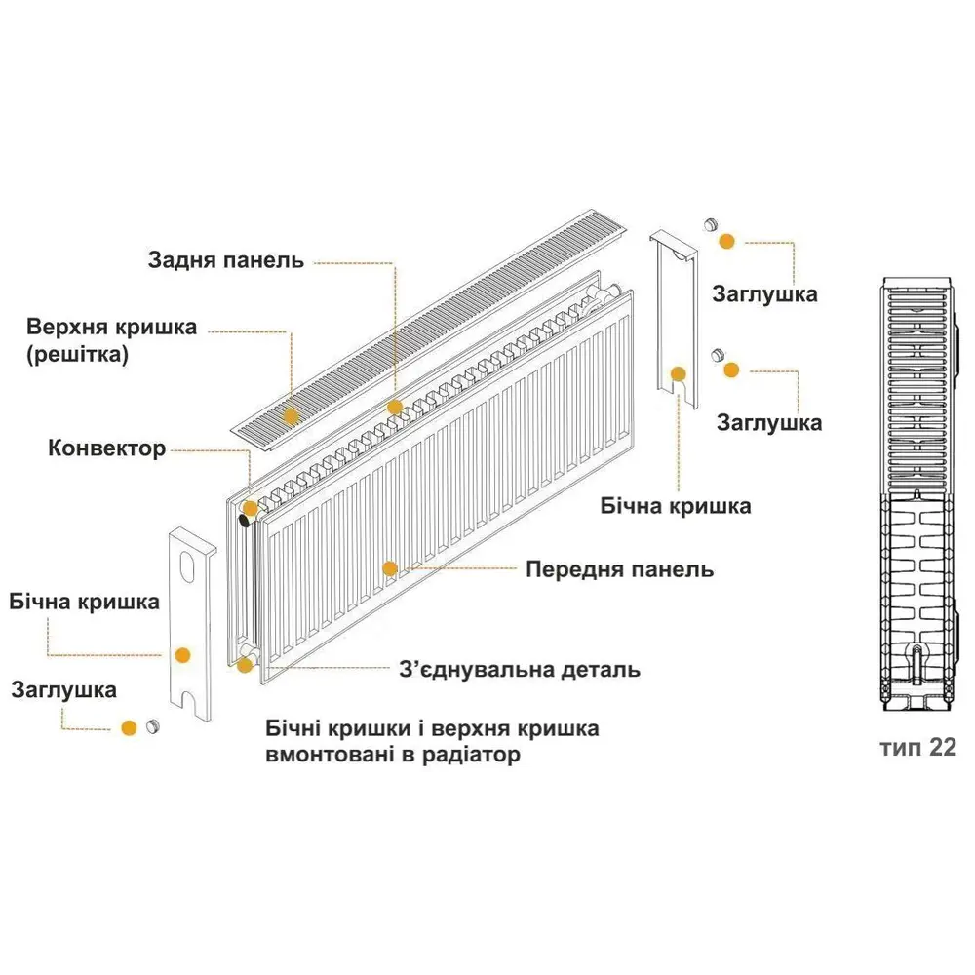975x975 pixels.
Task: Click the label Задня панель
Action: [x=226, y=260]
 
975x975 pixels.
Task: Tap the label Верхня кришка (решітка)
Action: [x=112, y=340]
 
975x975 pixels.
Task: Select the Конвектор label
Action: [x=107, y=448]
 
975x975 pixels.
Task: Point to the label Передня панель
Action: [x=619, y=569]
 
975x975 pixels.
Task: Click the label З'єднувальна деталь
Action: [x=520, y=670]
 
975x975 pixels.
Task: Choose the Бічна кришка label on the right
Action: [x=676, y=506]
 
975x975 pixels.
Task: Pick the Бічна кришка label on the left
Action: [x=85, y=602]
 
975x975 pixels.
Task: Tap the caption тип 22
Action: [x=917, y=748]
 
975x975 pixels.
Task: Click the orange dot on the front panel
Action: [x=390, y=568]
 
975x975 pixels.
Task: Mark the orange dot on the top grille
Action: [x=291, y=416]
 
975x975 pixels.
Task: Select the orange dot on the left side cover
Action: [x=182, y=655]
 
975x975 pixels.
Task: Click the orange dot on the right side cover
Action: [x=679, y=373]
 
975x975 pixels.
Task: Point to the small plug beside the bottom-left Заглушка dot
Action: [x=152, y=725]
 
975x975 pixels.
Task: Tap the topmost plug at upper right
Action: [x=711, y=224]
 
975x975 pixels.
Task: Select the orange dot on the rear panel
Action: [x=395, y=408]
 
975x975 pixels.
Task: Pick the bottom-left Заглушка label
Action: [x=64, y=690]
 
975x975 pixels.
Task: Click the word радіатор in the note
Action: [x=471, y=755]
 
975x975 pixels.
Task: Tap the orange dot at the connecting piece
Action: [x=245, y=665]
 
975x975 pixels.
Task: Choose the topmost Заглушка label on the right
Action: [x=764, y=294]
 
